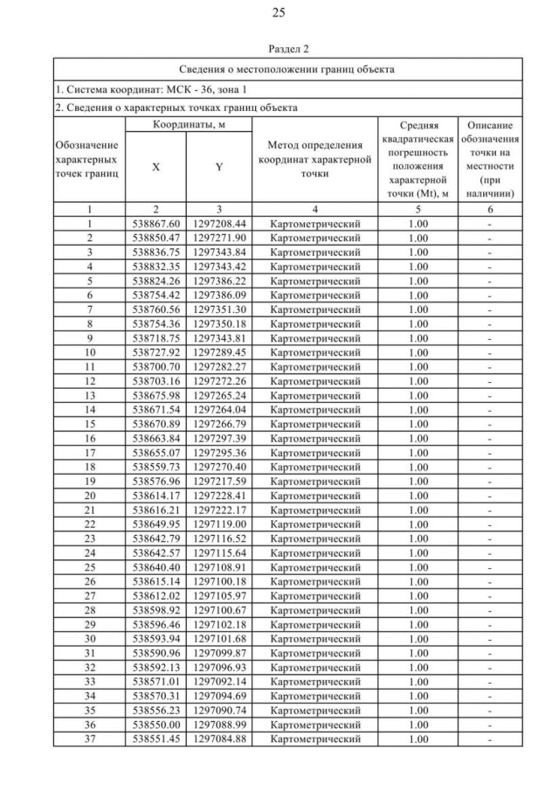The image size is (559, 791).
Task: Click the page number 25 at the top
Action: [279, 12]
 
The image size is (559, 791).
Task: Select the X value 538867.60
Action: [155, 224]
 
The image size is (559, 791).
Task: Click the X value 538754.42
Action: [155, 295]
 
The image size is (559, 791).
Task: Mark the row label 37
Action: [89, 739]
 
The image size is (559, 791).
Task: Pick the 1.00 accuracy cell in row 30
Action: [418, 639]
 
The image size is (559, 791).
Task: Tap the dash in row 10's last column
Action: [489, 352]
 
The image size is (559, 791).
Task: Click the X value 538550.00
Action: [155, 725]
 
